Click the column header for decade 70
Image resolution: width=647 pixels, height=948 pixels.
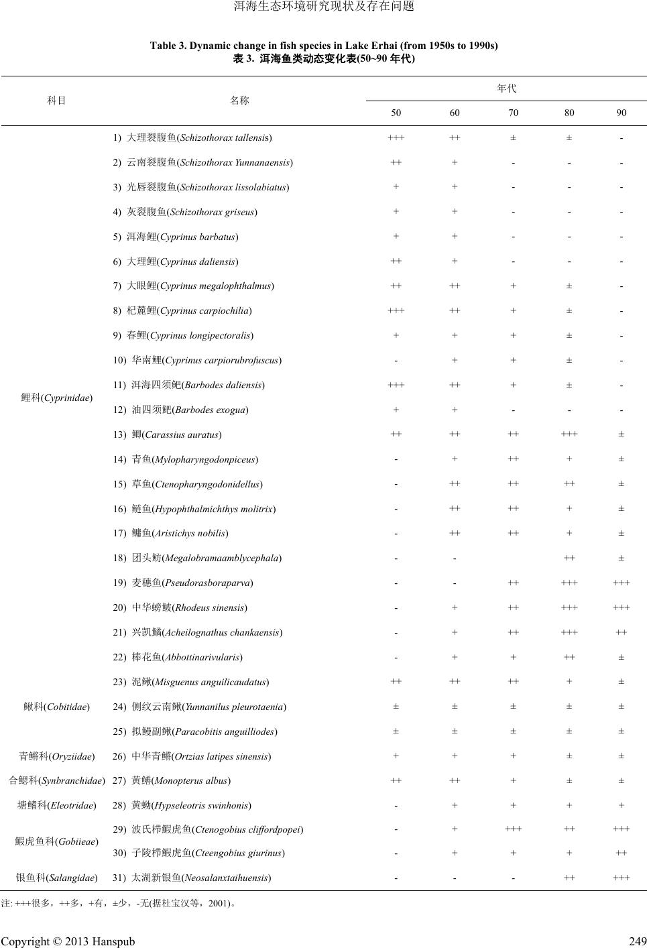point(513,113)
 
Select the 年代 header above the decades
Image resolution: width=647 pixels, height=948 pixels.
point(507,88)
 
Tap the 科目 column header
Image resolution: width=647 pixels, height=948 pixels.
point(57,101)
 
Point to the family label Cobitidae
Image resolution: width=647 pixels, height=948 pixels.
point(57,707)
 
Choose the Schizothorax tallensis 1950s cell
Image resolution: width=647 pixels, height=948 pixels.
point(396,138)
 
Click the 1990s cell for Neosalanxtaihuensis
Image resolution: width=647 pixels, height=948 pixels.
point(621,877)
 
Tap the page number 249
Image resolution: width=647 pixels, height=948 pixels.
point(638,941)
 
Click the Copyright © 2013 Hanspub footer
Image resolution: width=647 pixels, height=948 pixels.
point(68,941)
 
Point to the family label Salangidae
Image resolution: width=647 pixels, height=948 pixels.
point(57,877)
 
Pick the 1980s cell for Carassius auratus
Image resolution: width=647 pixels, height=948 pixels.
point(569,434)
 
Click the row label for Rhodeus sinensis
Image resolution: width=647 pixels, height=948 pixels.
point(180,607)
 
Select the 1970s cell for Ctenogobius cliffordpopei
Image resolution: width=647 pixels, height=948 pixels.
point(513,829)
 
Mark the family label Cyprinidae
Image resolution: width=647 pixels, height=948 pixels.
point(57,398)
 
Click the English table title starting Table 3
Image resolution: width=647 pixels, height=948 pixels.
point(323,46)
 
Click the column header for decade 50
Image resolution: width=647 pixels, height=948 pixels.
point(396,113)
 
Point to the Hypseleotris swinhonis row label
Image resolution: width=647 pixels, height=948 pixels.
point(182,805)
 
